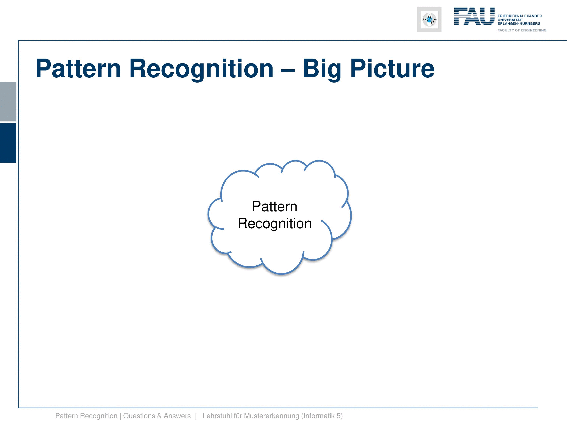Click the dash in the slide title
pyautogui.click(x=288, y=70)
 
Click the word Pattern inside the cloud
pyautogui.click(x=275, y=206)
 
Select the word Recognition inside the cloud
pyautogui.click(x=275, y=224)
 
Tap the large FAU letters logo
pyautogui.click(x=474, y=16)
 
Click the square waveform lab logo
pyautogui.click(x=429, y=20)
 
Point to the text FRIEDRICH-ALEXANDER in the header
pyautogui.click(x=520, y=16)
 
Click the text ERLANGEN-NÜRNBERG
pyautogui.click(x=519, y=24)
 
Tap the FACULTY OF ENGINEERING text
pyautogui.click(x=522, y=30)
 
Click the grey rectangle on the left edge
pyautogui.click(x=8, y=101)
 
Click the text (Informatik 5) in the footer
pyautogui.click(x=322, y=416)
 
